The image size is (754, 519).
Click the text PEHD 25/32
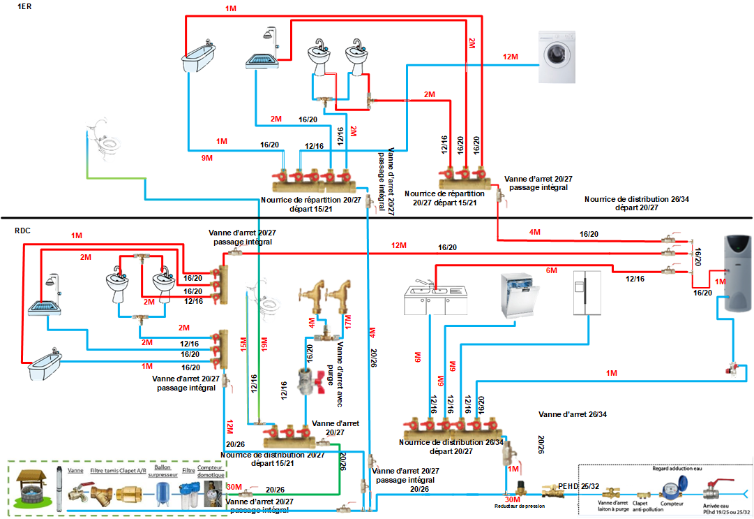coord(577,485)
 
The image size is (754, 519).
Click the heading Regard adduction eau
coord(678,469)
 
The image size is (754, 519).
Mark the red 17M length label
coord(347,325)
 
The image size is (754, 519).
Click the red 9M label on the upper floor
coord(206,159)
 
